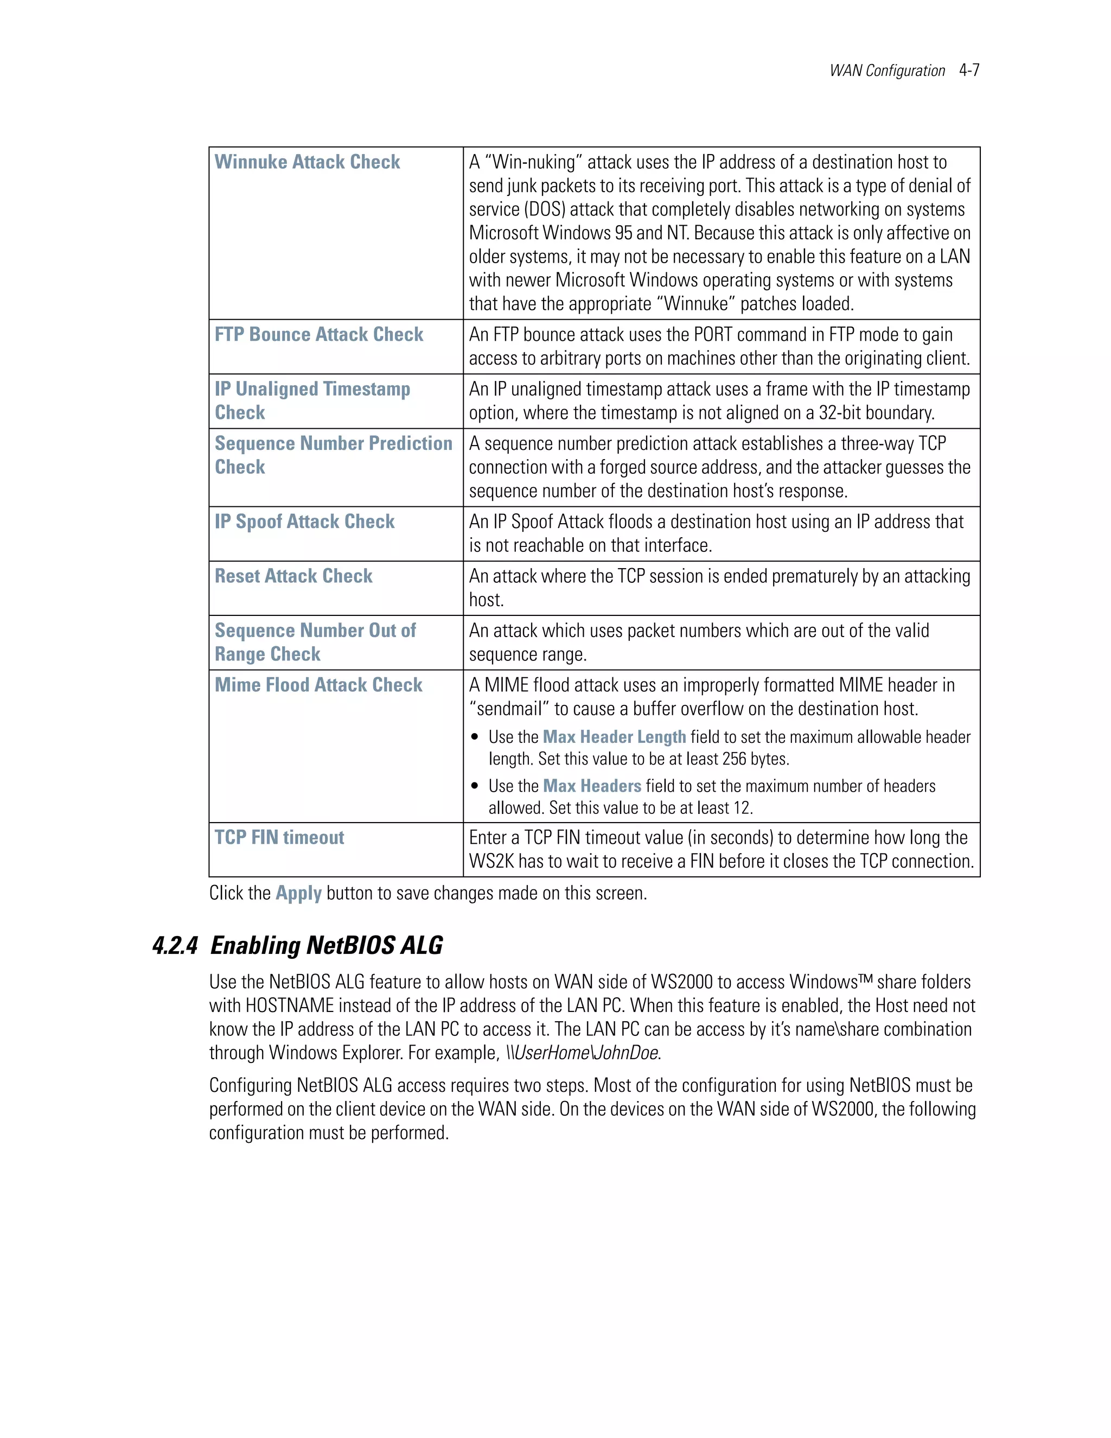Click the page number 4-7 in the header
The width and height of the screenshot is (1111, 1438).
(969, 71)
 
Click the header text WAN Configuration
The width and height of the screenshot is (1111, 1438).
(886, 71)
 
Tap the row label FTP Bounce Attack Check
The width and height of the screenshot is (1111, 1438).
(318, 334)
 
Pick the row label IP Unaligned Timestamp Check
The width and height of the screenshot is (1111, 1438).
(312, 400)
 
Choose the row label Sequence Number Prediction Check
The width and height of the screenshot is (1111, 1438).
(333, 455)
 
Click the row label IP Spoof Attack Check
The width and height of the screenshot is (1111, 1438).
(304, 521)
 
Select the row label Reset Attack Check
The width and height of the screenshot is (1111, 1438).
(293, 576)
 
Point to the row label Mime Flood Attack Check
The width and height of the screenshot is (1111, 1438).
(318, 685)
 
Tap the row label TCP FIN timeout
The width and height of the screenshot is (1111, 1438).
(279, 837)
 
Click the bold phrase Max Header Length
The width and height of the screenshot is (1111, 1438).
(614, 737)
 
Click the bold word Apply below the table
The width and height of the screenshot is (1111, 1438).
(298, 894)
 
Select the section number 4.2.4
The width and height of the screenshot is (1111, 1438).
(175, 945)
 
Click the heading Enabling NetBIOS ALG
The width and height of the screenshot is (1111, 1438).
(327, 945)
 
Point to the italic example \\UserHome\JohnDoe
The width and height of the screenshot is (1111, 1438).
(583, 1053)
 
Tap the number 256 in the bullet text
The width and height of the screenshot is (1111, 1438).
(734, 759)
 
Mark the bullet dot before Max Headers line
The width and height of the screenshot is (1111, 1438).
(475, 786)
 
